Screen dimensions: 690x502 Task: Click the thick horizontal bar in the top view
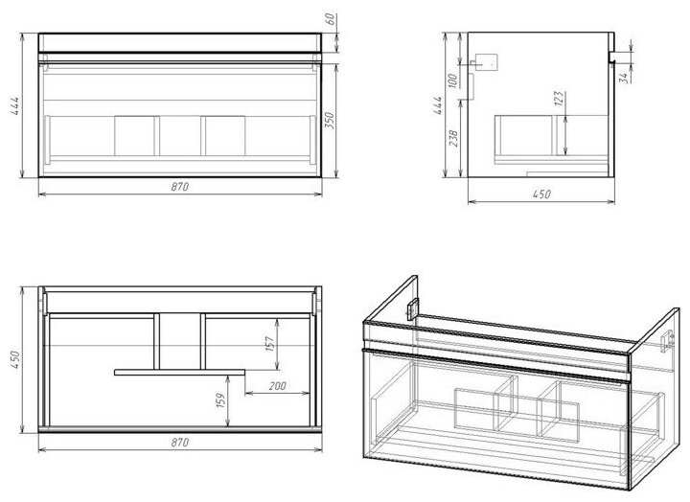[x=180, y=368]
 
